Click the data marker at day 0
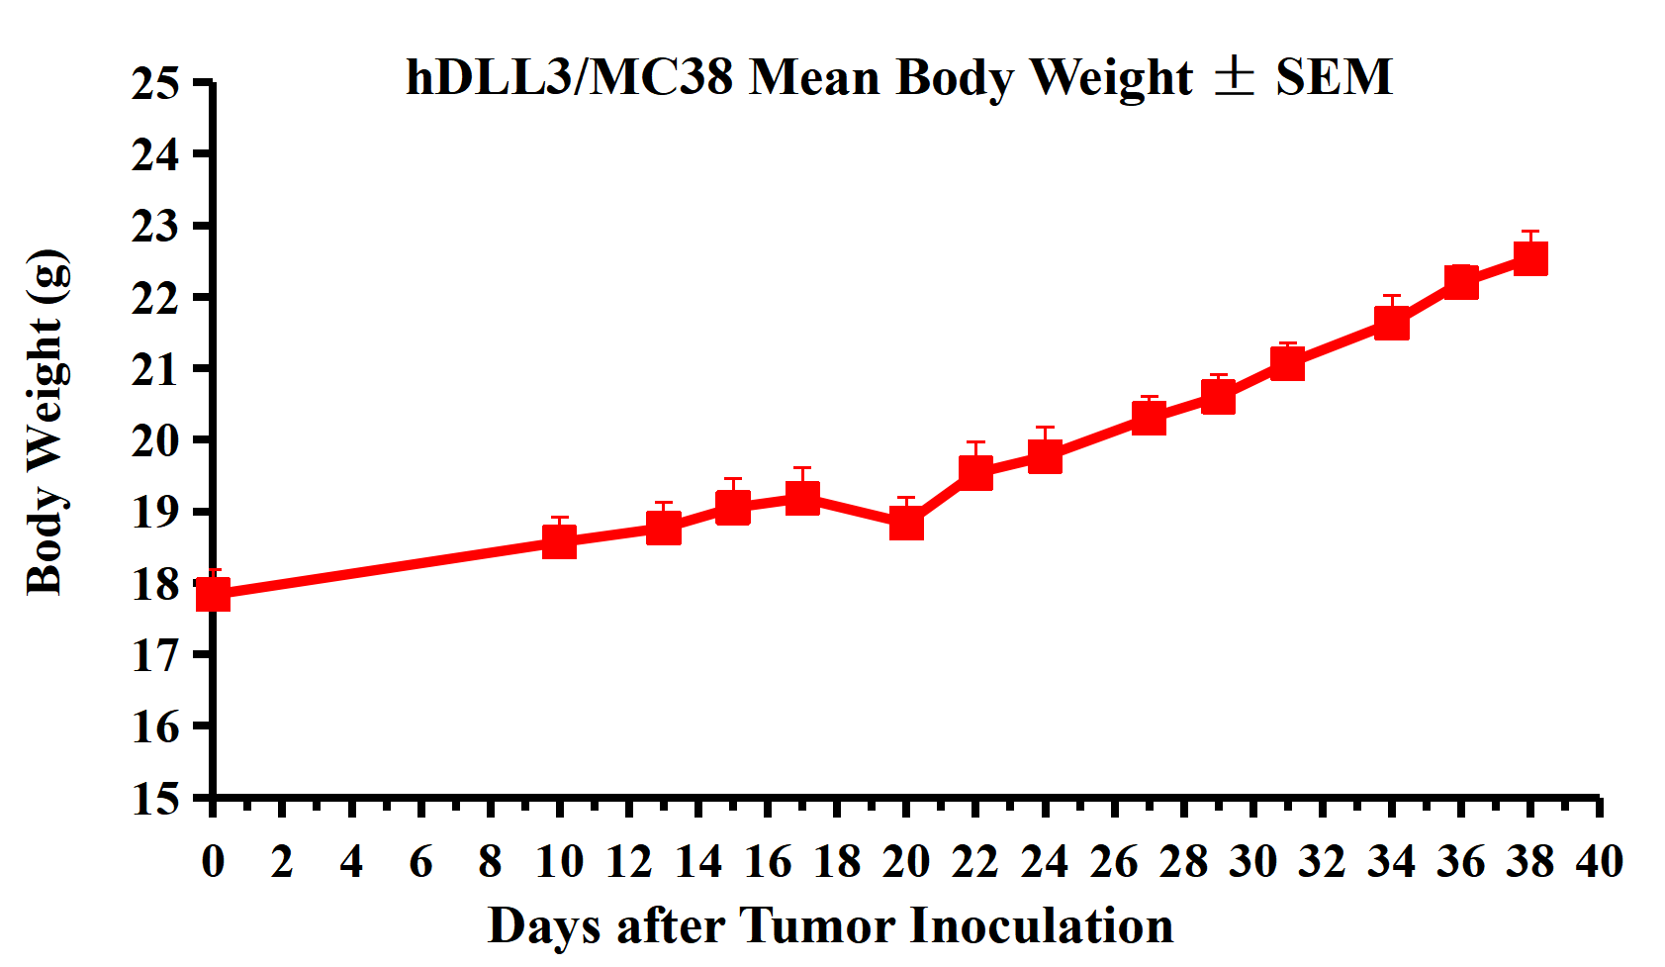point(213,594)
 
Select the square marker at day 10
point(560,541)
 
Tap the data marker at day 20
point(906,522)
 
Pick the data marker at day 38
point(1530,258)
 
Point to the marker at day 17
point(802,497)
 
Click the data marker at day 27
point(1149,418)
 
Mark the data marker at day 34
point(1392,323)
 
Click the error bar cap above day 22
point(975,442)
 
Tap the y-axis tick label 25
point(156,83)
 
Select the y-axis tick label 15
point(156,798)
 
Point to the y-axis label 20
point(156,440)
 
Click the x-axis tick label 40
point(1600,862)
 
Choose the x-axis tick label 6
point(420,862)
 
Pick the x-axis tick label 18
point(837,862)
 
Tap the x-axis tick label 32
point(1323,862)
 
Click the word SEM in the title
point(1334,77)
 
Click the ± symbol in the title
point(1234,77)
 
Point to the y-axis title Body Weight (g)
point(47,423)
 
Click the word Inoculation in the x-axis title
point(1041,926)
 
